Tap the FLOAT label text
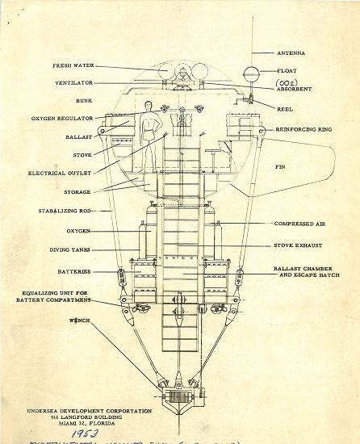coord(287,69)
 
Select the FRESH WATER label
coord(75,67)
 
